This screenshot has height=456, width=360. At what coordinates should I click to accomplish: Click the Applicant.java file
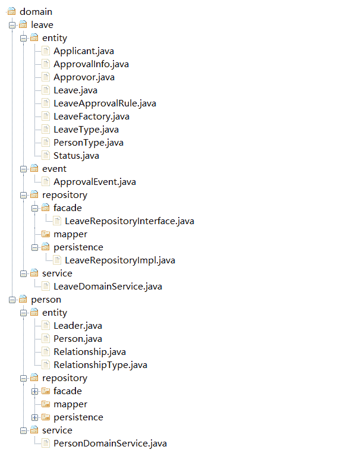click(83, 51)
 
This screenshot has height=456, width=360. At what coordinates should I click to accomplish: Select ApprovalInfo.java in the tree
click(91, 64)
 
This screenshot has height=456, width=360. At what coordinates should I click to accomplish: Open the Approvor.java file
click(84, 77)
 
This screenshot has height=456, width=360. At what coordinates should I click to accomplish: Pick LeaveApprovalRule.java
click(105, 103)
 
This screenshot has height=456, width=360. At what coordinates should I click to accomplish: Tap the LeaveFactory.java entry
click(91, 117)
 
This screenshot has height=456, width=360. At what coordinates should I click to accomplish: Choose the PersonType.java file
click(89, 143)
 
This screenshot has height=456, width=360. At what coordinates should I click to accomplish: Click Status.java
click(76, 156)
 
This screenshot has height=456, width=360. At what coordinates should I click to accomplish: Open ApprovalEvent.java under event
click(94, 182)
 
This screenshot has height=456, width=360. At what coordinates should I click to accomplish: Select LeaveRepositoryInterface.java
click(130, 221)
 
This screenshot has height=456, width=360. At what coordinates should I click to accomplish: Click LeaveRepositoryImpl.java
click(120, 260)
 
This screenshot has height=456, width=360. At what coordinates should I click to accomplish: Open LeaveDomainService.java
click(108, 287)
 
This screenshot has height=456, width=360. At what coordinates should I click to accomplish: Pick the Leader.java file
click(77, 326)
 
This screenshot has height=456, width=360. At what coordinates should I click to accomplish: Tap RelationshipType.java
click(100, 365)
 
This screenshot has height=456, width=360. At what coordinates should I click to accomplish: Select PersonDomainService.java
click(110, 444)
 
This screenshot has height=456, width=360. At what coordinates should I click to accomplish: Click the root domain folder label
click(36, 12)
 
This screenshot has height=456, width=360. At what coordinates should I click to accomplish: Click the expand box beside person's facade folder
click(35, 391)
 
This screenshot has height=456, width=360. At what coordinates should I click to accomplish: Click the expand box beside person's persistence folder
click(35, 417)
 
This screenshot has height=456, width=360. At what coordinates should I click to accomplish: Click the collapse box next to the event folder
click(24, 169)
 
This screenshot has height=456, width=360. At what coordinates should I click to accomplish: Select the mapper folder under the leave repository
click(70, 234)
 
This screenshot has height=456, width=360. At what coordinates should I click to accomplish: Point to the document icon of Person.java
click(46, 339)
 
